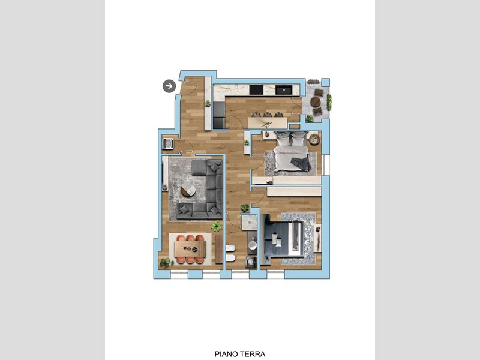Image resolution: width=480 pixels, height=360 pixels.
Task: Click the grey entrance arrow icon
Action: tap(169, 86)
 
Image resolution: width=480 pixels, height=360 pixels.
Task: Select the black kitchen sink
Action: tap(284, 89)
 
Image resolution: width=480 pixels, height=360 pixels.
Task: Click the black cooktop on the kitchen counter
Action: tap(256, 89)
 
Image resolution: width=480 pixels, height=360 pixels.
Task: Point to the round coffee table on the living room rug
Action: tap(188, 191)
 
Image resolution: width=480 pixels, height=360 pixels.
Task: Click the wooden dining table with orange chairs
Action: tap(190, 249)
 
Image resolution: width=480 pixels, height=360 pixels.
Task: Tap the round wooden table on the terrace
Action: tap(315, 101)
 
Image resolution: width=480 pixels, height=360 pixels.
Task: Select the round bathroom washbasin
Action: tap(252, 245)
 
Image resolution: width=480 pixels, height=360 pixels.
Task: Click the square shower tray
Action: tap(249, 222)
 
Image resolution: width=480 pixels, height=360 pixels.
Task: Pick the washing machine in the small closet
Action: tap(169, 143)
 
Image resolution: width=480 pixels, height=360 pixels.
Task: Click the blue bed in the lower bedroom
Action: tap(282, 238)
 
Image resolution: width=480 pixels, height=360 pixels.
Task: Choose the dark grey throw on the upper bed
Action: tap(301, 164)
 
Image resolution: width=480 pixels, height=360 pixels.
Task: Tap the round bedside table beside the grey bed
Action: tap(314, 139)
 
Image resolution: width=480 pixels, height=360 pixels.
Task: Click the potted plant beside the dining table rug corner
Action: tap(166, 263)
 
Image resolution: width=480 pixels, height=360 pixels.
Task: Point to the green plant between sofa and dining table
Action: tap(216, 226)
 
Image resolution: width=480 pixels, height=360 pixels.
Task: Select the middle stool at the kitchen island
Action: tap(267, 115)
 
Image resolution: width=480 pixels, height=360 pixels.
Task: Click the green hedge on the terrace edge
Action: tap(329, 103)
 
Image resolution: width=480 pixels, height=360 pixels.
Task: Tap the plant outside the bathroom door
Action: tap(245, 208)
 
